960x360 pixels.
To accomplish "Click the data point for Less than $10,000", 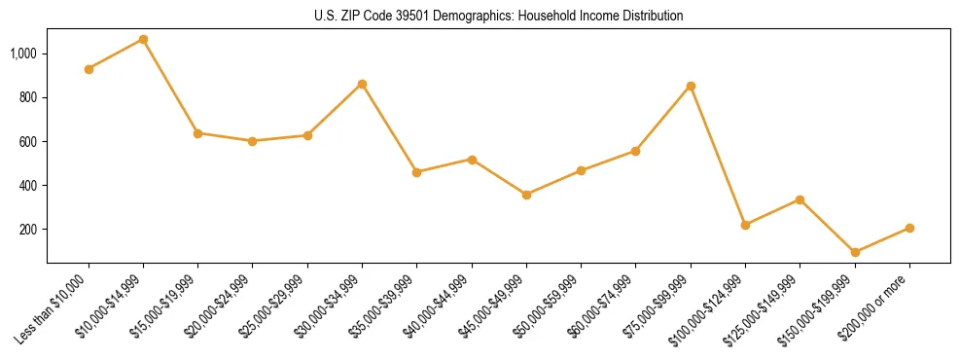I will click(x=89, y=69).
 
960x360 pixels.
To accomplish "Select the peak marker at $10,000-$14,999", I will click(x=143, y=39).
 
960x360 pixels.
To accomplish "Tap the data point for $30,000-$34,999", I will click(x=362, y=84).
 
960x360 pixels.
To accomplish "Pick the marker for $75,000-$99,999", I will click(x=691, y=86).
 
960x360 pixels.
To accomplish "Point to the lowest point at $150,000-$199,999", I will click(x=855, y=252).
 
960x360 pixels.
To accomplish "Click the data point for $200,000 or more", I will click(x=909, y=228).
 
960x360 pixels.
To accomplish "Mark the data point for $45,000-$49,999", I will click(x=526, y=195).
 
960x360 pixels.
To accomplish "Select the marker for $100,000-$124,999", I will click(x=745, y=225).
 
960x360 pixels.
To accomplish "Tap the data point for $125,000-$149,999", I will click(x=800, y=199).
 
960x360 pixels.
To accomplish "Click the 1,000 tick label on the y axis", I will click(x=23, y=54).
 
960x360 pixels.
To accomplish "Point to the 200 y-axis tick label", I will click(x=28, y=230).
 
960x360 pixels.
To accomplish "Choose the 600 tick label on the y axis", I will click(x=28, y=142).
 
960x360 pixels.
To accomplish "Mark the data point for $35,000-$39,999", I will click(x=416, y=172).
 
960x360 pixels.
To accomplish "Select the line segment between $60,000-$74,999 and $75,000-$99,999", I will click(x=663, y=118).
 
